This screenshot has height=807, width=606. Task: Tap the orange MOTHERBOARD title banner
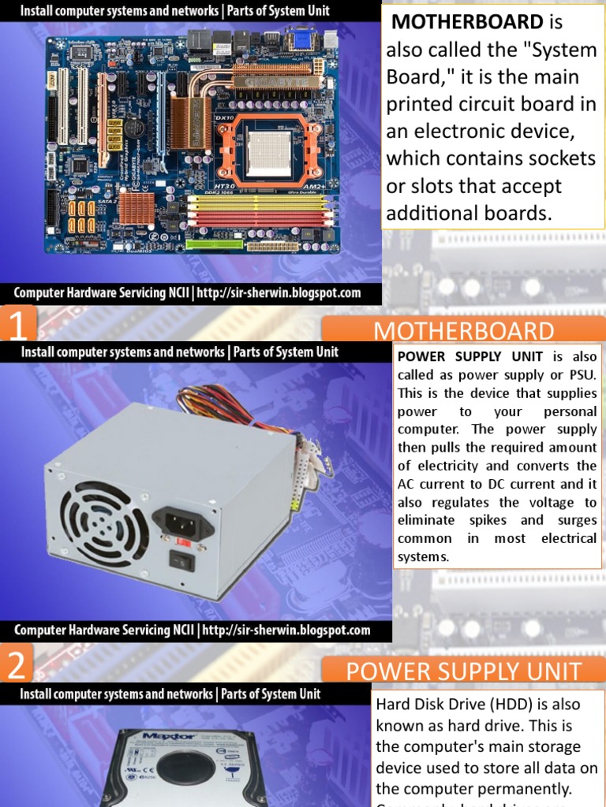pyautogui.click(x=464, y=331)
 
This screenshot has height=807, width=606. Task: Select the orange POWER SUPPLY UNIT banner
pyautogui.click(x=464, y=671)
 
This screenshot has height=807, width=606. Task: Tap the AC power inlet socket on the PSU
pyautogui.click(x=183, y=521)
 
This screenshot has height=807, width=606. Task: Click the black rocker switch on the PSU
pyautogui.click(x=181, y=560)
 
